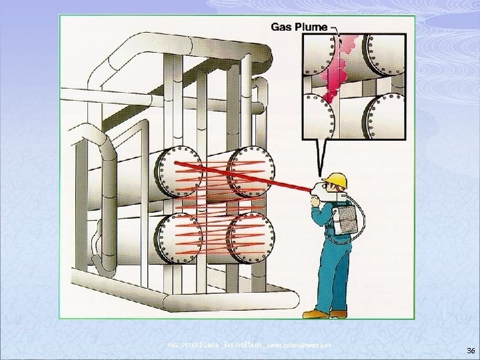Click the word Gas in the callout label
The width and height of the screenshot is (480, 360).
point(281,27)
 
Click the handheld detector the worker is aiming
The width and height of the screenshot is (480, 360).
point(319,191)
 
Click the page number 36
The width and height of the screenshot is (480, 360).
point(471,350)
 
